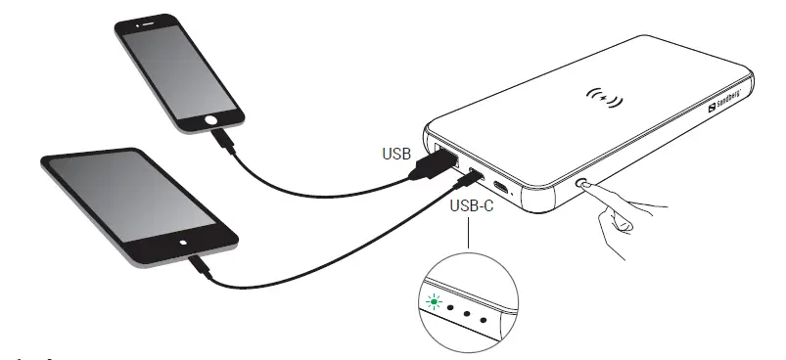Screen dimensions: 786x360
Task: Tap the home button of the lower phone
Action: [182, 240]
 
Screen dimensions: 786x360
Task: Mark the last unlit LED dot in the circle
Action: [485, 318]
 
